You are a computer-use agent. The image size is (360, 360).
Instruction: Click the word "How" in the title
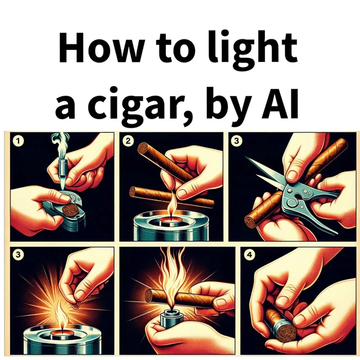102,47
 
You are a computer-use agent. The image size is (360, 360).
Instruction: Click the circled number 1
19,141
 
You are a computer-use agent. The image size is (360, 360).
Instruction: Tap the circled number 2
128,141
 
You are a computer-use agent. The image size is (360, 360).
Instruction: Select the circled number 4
250,255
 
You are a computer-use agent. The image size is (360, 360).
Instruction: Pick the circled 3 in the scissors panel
237,141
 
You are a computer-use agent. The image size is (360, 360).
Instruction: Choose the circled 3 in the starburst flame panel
19,255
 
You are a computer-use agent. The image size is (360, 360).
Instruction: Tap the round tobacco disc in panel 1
70,210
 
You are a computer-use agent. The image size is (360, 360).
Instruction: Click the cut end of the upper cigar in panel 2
143,148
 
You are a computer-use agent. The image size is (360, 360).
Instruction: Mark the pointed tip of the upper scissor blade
245,157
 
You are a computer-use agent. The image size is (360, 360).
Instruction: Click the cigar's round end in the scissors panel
250,222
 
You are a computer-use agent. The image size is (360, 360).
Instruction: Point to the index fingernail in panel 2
182,194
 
